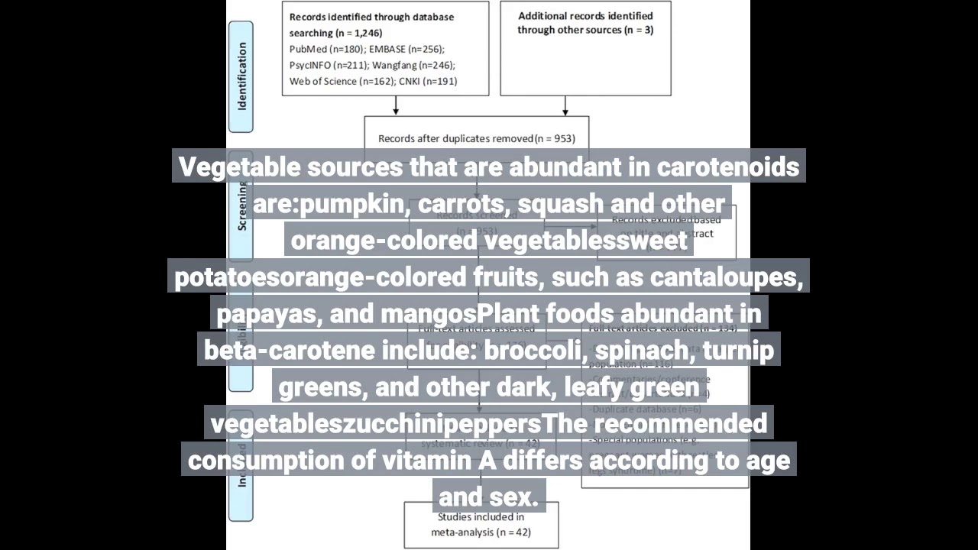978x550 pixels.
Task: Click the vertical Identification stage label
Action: pyautogui.click(x=241, y=76)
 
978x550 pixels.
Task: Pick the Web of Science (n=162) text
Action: pyautogui.click(x=339, y=81)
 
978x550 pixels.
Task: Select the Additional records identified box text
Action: pyautogui.click(x=585, y=23)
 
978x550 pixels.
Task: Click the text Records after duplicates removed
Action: pyautogui.click(x=456, y=138)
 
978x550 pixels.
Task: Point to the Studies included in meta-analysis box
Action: pyautogui.click(x=481, y=525)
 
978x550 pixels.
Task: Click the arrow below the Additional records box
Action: pyautogui.click(x=565, y=106)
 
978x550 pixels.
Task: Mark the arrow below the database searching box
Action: pyautogui.click(x=396, y=106)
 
